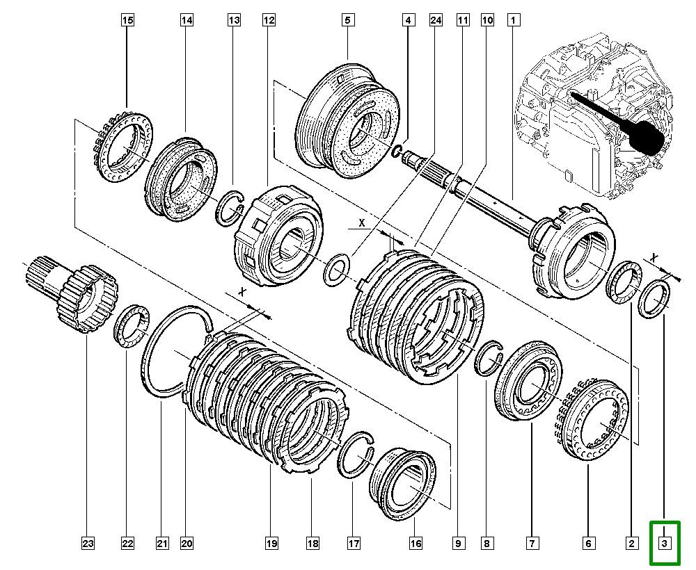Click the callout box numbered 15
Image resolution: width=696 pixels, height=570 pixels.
point(127,21)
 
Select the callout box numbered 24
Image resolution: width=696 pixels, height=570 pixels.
point(436,21)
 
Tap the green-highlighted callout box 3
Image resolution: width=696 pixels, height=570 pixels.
point(665,543)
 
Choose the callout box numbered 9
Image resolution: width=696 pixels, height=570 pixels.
point(459,543)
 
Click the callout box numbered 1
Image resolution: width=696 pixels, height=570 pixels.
point(514,21)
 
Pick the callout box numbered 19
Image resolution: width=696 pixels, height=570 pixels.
point(271,543)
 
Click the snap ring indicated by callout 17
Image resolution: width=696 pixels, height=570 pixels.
point(358,455)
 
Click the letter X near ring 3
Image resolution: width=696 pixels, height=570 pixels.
point(654,257)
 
